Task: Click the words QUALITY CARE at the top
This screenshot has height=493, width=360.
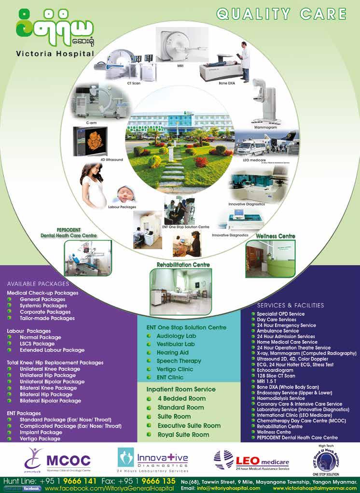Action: tap(282, 14)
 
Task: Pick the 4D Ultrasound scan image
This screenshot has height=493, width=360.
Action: tap(90, 141)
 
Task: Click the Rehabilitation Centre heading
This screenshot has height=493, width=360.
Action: tap(183, 265)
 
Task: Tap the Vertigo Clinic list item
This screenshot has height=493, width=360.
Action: tap(175, 369)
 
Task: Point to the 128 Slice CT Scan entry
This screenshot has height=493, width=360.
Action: tap(276, 376)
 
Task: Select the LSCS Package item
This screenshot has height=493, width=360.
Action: tap(37, 344)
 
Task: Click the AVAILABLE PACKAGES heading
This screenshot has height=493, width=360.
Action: tap(38, 284)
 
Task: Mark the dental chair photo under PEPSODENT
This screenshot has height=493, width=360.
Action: tap(87, 258)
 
